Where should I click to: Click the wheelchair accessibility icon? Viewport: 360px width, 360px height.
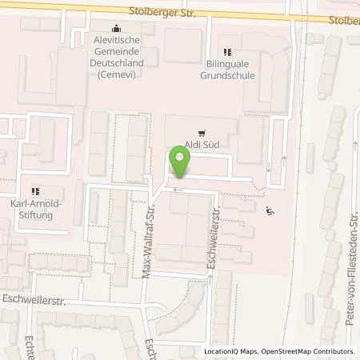(270, 211)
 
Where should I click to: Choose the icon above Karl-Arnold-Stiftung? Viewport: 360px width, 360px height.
(34, 191)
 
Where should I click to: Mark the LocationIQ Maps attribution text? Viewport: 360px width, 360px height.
(230, 351)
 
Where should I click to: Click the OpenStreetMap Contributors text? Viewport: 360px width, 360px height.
(307, 351)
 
